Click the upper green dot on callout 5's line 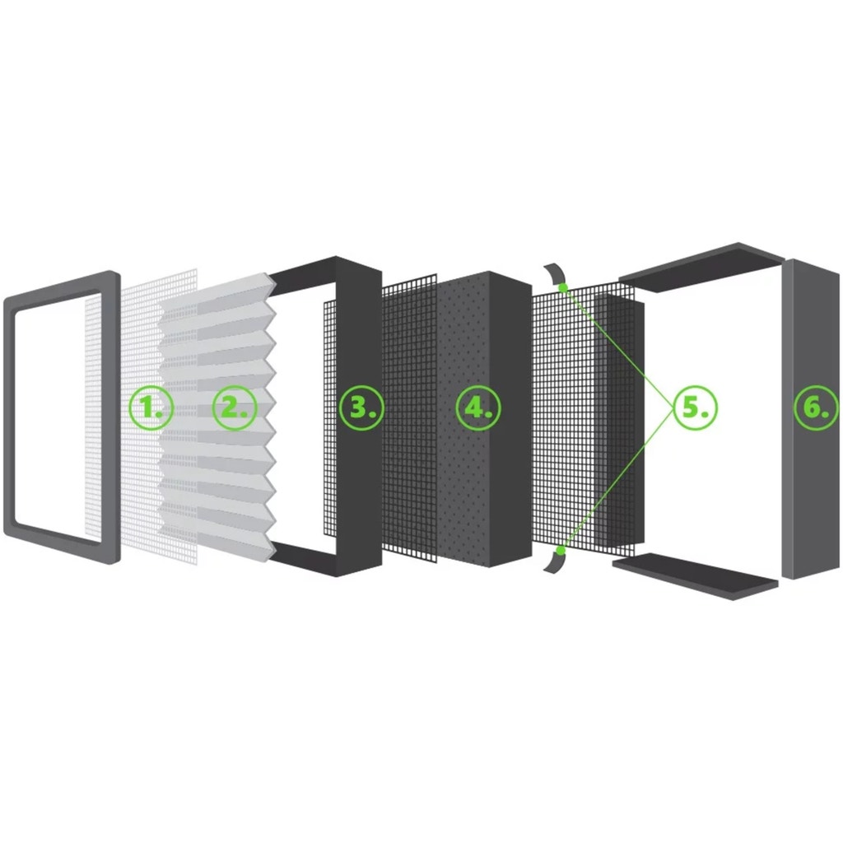click(563, 287)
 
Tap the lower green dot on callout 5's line click(561, 551)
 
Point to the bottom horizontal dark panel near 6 click(695, 576)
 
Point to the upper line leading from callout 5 click(618, 347)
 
